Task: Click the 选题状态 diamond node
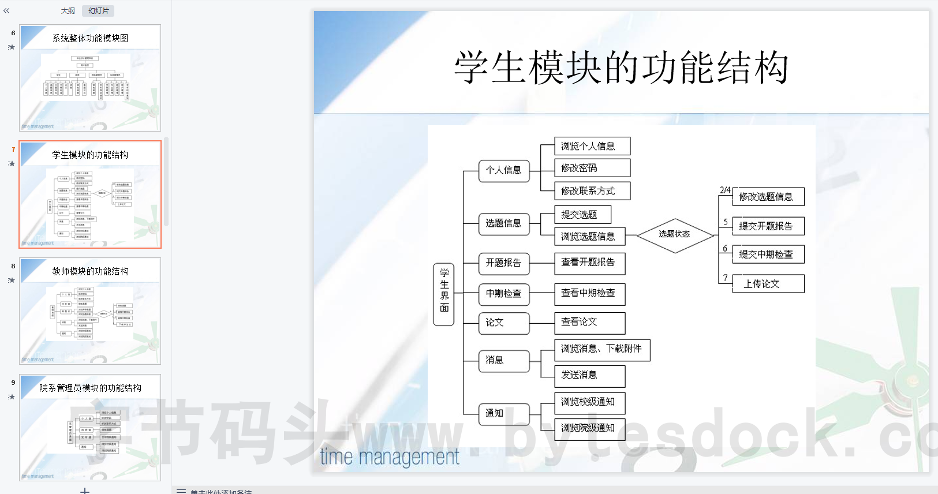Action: tap(675, 235)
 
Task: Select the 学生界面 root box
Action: tap(444, 294)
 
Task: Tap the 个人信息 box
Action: tap(503, 171)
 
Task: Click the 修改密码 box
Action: tap(592, 168)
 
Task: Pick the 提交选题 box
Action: tap(582, 215)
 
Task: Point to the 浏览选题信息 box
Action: tap(588, 236)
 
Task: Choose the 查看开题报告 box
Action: tap(589, 263)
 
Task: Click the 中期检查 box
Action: tap(503, 294)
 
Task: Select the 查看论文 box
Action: tap(589, 323)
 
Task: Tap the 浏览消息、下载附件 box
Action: tap(601, 349)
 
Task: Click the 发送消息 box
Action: tap(589, 376)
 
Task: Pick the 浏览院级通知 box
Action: tap(589, 428)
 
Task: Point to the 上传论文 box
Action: tap(768, 284)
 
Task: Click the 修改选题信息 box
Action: tap(768, 197)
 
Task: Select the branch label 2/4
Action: tap(725, 190)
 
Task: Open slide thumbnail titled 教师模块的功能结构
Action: tap(90, 311)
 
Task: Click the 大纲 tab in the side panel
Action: tap(68, 11)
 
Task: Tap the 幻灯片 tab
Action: tap(98, 11)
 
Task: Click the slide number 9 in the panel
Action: tap(13, 383)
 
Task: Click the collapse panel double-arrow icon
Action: tap(6, 11)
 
